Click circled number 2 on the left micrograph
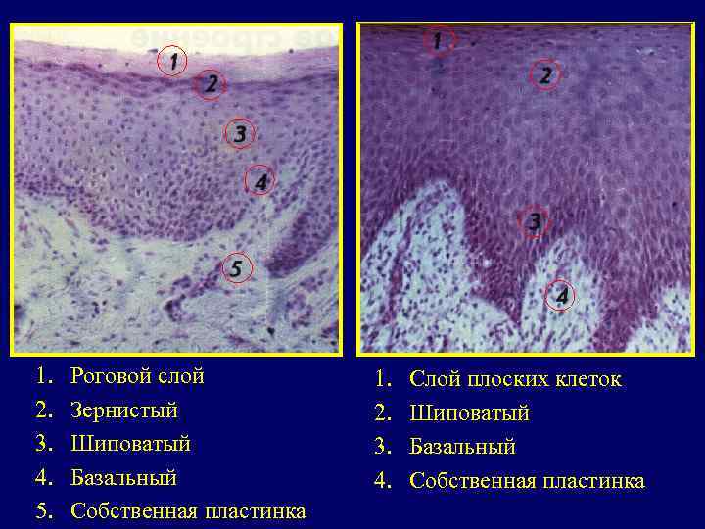pos(210,84)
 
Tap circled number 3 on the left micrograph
pos(238,133)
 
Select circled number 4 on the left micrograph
pos(258,181)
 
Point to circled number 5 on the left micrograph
pos(236,267)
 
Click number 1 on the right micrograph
pos(438,41)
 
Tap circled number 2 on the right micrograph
pos(545,74)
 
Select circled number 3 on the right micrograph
pos(534,221)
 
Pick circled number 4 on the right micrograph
pos(562,295)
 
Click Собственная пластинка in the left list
pos(188,511)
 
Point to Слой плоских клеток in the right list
pos(514,379)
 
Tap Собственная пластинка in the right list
pos(527,481)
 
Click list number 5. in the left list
pos(42,511)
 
